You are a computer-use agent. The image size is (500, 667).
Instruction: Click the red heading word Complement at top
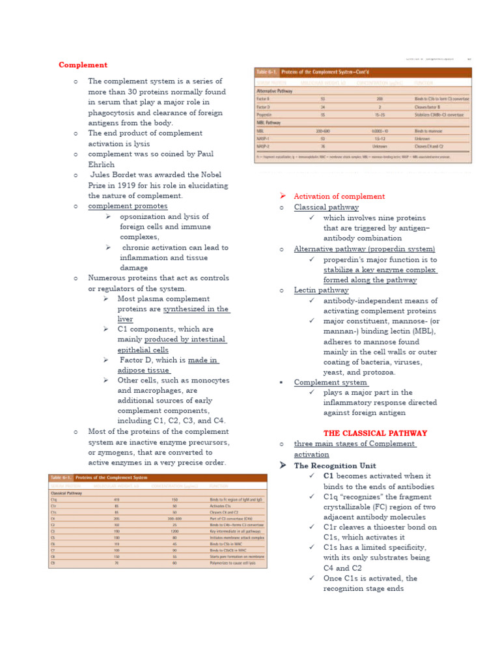(83, 65)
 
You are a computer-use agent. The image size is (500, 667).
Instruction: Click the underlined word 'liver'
(125, 319)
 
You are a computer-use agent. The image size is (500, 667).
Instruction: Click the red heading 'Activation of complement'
(339, 196)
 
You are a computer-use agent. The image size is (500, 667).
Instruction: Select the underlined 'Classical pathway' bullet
(326, 207)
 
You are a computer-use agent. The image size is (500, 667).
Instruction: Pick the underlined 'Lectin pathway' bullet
(321, 291)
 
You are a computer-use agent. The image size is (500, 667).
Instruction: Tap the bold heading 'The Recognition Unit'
(335, 466)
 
